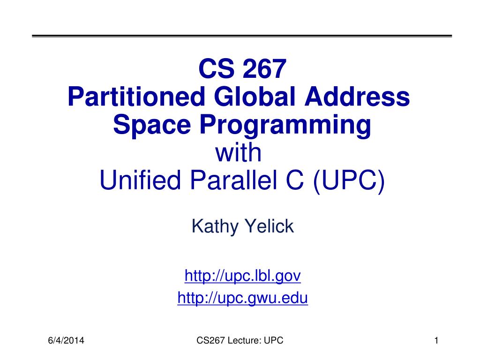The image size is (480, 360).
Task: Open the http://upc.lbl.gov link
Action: tap(243, 277)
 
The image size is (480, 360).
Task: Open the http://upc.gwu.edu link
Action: tap(243, 299)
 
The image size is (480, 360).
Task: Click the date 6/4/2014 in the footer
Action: tap(66, 341)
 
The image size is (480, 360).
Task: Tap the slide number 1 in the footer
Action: tap(436, 341)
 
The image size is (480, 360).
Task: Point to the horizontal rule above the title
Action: tap(242, 36)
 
